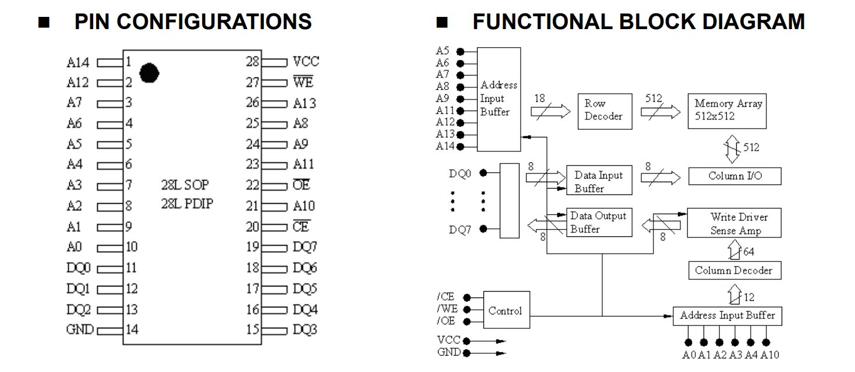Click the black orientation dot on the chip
[150, 72]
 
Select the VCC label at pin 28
[306, 62]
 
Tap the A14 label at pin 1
[78, 62]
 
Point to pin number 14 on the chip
[132, 330]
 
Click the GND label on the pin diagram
[80, 330]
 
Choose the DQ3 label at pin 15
[305, 330]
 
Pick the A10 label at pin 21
[304, 206]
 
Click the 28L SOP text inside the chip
[185, 185]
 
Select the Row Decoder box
[603, 110]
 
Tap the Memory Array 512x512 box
[727, 110]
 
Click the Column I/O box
[734, 176]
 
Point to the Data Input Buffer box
[599, 181]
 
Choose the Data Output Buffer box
[599, 222]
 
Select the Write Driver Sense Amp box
[734, 224]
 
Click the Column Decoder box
[734, 270]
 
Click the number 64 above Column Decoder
[748, 251]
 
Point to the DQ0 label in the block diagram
[460, 173]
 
